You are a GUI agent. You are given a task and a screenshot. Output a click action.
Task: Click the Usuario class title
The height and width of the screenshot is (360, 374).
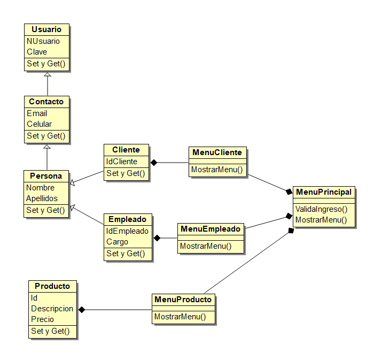pos(46,29)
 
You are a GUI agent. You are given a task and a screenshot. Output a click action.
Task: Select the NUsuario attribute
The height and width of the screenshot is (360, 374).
pos(43,41)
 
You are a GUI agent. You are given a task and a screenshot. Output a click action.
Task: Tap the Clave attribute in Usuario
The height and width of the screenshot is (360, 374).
pos(37,52)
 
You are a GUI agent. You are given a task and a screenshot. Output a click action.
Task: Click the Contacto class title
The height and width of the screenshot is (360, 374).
pos(46,102)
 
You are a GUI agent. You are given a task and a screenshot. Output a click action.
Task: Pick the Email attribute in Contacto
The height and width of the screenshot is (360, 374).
pos(37,113)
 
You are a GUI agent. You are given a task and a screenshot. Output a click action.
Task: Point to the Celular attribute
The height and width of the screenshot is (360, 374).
pos(40,124)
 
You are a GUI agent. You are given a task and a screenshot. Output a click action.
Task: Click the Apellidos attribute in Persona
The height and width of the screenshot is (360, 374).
pos(42,198)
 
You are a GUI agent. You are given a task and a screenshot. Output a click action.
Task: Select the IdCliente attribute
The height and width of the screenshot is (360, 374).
pos(122,162)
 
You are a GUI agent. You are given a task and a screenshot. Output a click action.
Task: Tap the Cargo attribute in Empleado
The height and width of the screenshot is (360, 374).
pos(118,242)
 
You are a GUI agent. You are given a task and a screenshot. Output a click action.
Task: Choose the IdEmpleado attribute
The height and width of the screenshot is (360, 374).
pos(127,231)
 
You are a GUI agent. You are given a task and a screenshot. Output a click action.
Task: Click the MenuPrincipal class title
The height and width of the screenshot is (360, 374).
pos(324,192)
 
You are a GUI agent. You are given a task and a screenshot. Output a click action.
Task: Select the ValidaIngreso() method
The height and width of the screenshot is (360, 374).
pos(321,209)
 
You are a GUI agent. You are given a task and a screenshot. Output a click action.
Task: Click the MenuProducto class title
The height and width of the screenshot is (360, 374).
pos(183,300)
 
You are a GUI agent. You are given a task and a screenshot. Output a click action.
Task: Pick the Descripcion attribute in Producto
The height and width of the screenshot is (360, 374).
pos(52,309)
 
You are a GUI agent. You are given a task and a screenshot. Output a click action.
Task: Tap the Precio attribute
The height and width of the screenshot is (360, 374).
pos(43,319)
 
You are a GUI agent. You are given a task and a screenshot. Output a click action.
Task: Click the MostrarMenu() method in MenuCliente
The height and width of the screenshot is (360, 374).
pos(217,170)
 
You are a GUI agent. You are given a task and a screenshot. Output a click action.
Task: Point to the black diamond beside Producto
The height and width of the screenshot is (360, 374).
pos(82,309)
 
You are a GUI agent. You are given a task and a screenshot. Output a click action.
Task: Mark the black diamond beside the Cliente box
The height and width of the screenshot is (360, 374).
pos(154,162)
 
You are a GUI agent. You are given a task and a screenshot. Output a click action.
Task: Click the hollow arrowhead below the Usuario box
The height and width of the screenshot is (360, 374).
pos(47,75)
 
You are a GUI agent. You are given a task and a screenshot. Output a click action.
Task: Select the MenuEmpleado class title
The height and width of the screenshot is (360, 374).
pos(211,229)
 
